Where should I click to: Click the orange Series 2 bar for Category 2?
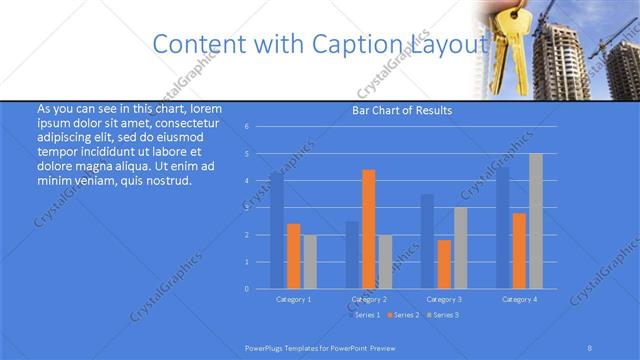[368, 229]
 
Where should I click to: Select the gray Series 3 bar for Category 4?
[536, 221]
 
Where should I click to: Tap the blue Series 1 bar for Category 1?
[277, 230]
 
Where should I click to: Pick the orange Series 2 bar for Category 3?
[443, 264]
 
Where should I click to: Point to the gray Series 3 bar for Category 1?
[309, 261]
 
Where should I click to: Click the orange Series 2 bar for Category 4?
[519, 250]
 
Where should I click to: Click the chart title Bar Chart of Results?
[402, 110]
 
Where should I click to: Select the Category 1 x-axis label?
[293, 299]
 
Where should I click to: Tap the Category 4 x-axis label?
[519, 299]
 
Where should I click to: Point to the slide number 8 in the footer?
[590, 348]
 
